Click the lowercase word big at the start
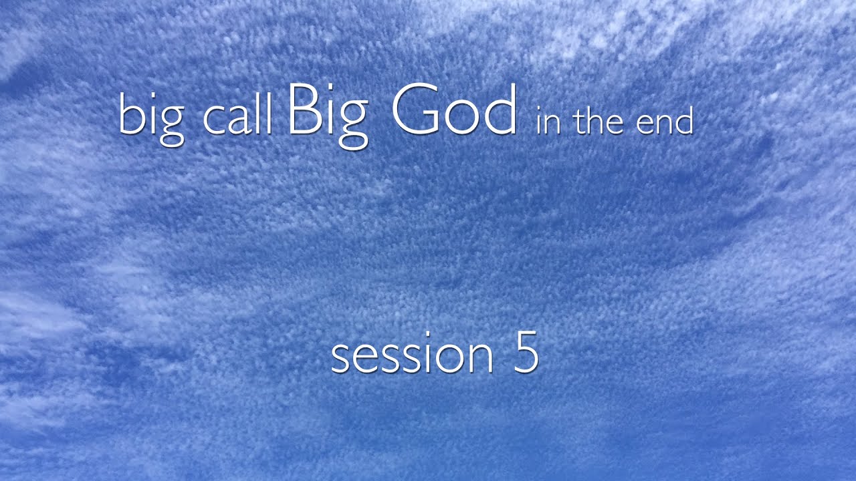click(151, 118)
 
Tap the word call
click(237, 118)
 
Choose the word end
click(664, 122)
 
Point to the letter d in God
click(500, 109)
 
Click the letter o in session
click(451, 359)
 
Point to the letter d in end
click(683, 120)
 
